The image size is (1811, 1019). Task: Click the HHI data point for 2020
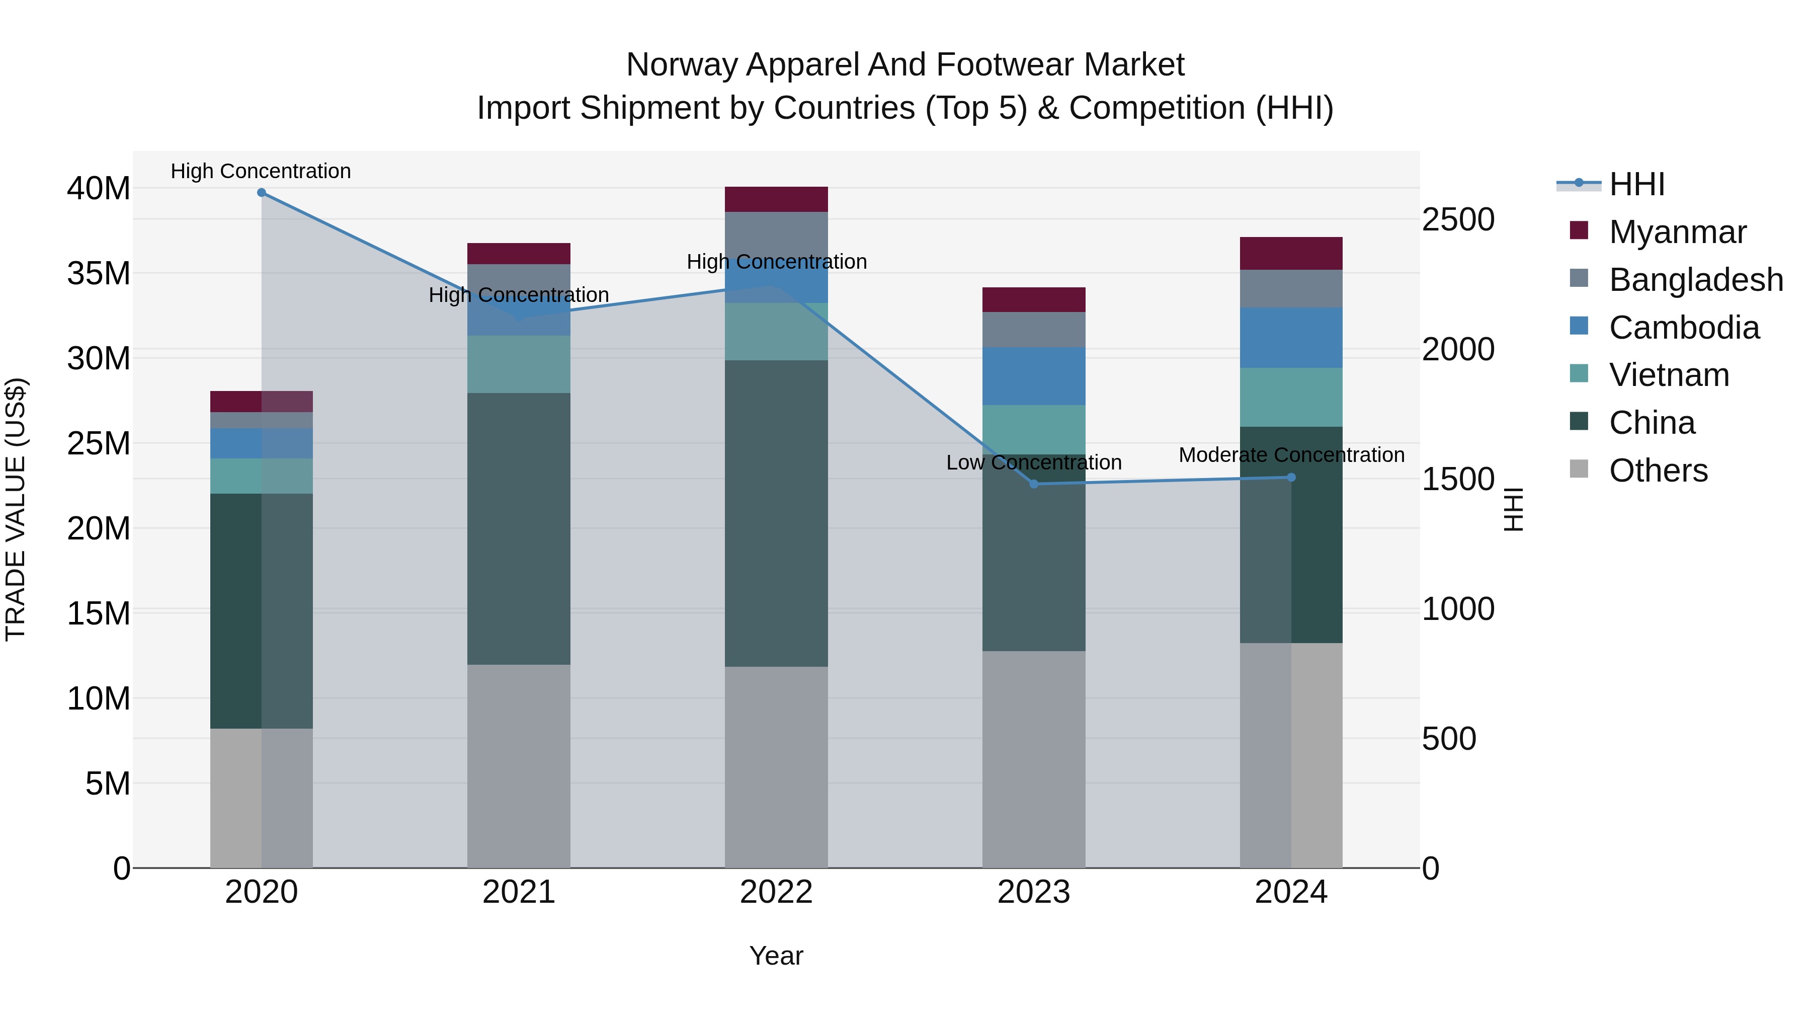click(262, 193)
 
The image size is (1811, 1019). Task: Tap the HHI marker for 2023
click(1033, 484)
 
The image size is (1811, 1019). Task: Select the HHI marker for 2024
click(1291, 478)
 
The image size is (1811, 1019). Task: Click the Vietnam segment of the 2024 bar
click(1291, 398)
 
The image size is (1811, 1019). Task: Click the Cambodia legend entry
click(1684, 328)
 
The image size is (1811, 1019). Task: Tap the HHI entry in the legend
click(1636, 184)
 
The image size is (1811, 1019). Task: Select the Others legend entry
click(1658, 471)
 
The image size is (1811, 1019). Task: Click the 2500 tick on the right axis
click(1458, 219)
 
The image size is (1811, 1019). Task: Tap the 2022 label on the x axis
click(776, 892)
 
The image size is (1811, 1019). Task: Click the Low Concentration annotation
click(1033, 463)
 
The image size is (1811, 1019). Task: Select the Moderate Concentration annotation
click(1291, 455)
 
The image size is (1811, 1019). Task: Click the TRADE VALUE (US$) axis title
click(16, 509)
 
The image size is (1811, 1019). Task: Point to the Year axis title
click(776, 956)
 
